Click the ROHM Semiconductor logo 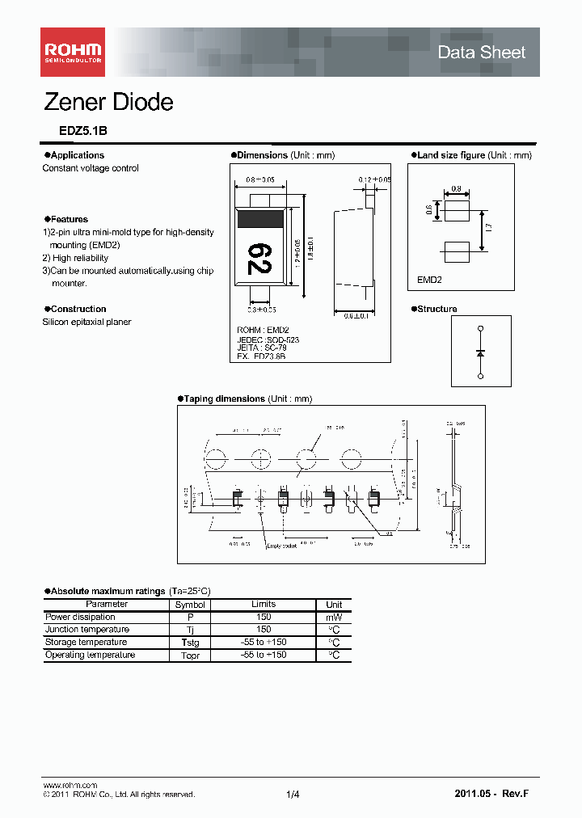[x=73, y=53]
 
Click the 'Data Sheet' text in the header [x=481, y=53]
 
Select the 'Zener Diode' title [x=108, y=103]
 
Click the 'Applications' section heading [x=76, y=155]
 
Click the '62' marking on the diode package [x=259, y=258]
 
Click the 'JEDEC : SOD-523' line [x=268, y=340]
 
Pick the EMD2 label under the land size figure [x=430, y=279]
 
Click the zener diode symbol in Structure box [x=481, y=353]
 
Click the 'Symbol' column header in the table [x=190, y=605]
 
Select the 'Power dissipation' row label [x=80, y=617]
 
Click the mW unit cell [x=334, y=617]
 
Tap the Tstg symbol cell [x=190, y=643]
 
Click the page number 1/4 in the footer [x=293, y=795]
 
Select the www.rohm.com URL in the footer [x=70, y=786]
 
